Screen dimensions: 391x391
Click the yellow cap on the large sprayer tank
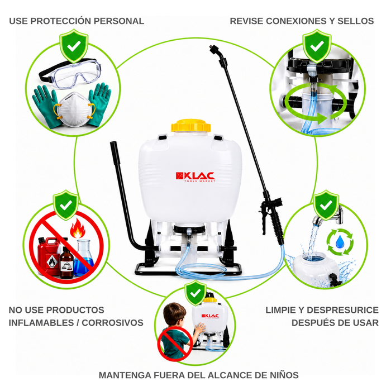[x=191, y=126]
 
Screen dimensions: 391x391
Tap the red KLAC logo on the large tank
[x=195, y=177]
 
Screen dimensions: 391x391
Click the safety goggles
[x=70, y=74]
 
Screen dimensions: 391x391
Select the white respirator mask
[x=74, y=109]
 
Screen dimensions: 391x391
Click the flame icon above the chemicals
[x=77, y=228]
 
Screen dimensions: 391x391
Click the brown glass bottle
[x=66, y=263]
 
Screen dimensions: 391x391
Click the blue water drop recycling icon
[x=340, y=242]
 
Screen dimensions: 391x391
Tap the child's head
[x=174, y=314]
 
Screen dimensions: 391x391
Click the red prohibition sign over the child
[x=175, y=344]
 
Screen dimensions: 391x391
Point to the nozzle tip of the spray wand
[x=212, y=46]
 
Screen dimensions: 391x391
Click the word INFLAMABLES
[x=41, y=322]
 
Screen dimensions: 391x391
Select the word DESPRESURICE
[x=342, y=310]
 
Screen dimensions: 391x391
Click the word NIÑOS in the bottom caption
[x=284, y=375]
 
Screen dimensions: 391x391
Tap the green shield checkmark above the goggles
[x=74, y=46]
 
